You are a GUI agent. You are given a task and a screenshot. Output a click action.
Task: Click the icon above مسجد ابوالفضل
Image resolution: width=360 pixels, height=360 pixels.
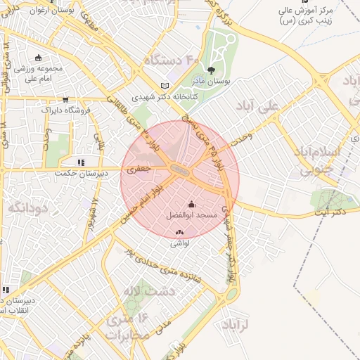[x=192, y=204]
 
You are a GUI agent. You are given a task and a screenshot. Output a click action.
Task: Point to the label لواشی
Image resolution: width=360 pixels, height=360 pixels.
[x=180, y=243]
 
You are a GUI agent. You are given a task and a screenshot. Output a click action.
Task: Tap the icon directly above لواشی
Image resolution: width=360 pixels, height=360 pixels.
[x=179, y=233]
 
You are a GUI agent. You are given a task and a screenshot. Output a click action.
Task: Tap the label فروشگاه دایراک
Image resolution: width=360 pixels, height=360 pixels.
[x=65, y=110]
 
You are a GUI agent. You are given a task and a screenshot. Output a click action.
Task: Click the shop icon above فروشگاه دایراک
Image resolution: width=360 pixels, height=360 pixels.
[x=65, y=99]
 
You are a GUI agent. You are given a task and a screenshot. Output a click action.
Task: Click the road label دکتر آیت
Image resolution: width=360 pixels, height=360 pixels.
[x=330, y=212]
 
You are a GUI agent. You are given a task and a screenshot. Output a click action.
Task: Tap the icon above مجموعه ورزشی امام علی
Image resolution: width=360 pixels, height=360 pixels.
[x=37, y=58]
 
